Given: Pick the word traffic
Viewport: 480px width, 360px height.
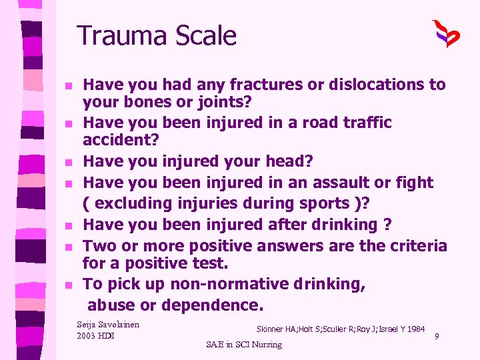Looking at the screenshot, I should pos(362,123).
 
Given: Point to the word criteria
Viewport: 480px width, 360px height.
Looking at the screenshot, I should pos(414,245).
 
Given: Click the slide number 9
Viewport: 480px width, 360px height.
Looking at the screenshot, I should pos(436,337).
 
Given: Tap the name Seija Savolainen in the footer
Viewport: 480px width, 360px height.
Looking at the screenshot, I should pos(109,324).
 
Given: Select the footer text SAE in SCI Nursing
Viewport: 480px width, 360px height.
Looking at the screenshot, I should pos(244,345).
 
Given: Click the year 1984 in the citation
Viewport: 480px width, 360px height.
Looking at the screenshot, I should pos(415,329).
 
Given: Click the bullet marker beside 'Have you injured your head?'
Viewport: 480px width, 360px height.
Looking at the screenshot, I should pos(68,162).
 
